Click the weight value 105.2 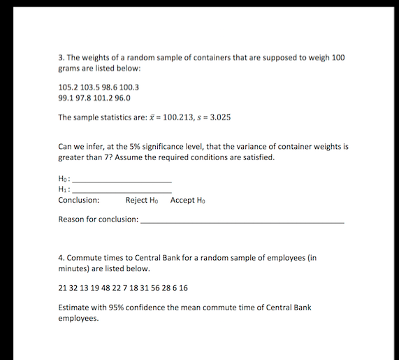pyautogui.click(x=68, y=87)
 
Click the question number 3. pyautogui.click(x=61, y=57)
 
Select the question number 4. pyautogui.click(x=61, y=257)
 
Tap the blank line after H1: pyautogui.click(x=122, y=191)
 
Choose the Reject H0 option pyautogui.click(x=142, y=201)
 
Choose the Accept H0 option pyautogui.click(x=187, y=201)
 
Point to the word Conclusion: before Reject pyautogui.click(x=78, y=201)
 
